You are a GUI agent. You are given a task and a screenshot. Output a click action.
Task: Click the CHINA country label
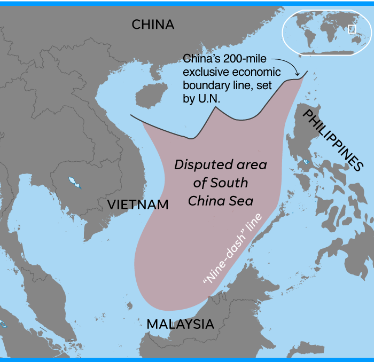(153, 25)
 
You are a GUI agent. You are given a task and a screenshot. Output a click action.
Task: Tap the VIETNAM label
(138, 204)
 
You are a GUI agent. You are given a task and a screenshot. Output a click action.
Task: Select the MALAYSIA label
(180, 324)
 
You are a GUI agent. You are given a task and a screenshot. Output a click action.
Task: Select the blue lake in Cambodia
(74, 183)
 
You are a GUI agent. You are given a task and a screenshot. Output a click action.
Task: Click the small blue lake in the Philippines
(306, 162)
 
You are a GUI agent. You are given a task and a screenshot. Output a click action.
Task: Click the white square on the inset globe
(352, 29)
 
